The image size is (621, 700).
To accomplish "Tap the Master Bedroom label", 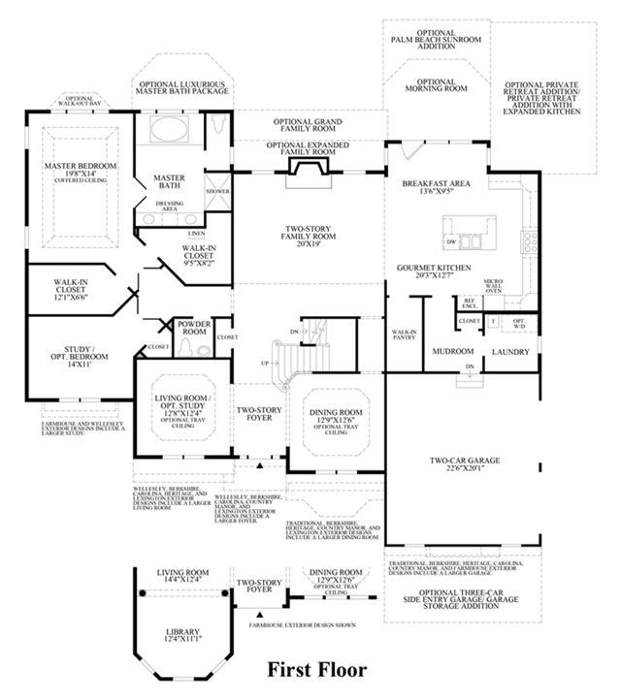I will tap(80, 171).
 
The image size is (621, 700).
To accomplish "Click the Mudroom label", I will tap(451, 352).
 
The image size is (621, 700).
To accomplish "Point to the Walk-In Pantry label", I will tap(404, 335).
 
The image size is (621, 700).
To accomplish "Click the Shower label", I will tap(216, 191).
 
